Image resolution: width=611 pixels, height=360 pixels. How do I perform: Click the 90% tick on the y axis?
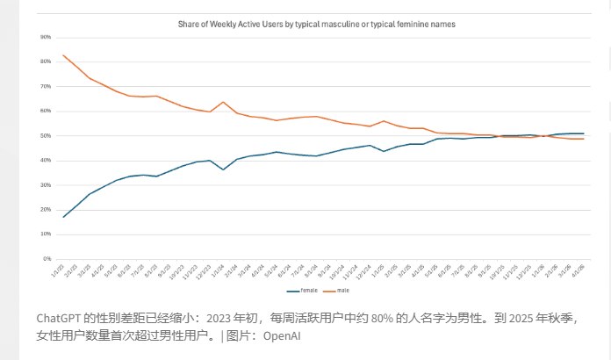(46, 38)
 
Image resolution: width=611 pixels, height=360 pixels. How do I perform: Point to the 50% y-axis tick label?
(46, 136)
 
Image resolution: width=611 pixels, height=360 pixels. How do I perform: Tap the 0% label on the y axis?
(47, 259)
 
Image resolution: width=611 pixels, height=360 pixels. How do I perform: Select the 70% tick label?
(46, 87)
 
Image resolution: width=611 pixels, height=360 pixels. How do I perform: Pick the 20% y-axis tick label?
(46, 210)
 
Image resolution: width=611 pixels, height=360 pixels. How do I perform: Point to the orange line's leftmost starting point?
(64, 55)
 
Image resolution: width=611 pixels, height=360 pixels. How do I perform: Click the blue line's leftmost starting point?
(64, 217)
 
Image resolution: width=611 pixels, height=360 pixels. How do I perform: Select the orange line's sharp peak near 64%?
(223, 102)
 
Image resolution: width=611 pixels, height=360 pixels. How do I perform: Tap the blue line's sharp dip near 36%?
(223, 169)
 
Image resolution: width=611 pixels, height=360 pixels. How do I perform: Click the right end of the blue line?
(584, 133)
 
